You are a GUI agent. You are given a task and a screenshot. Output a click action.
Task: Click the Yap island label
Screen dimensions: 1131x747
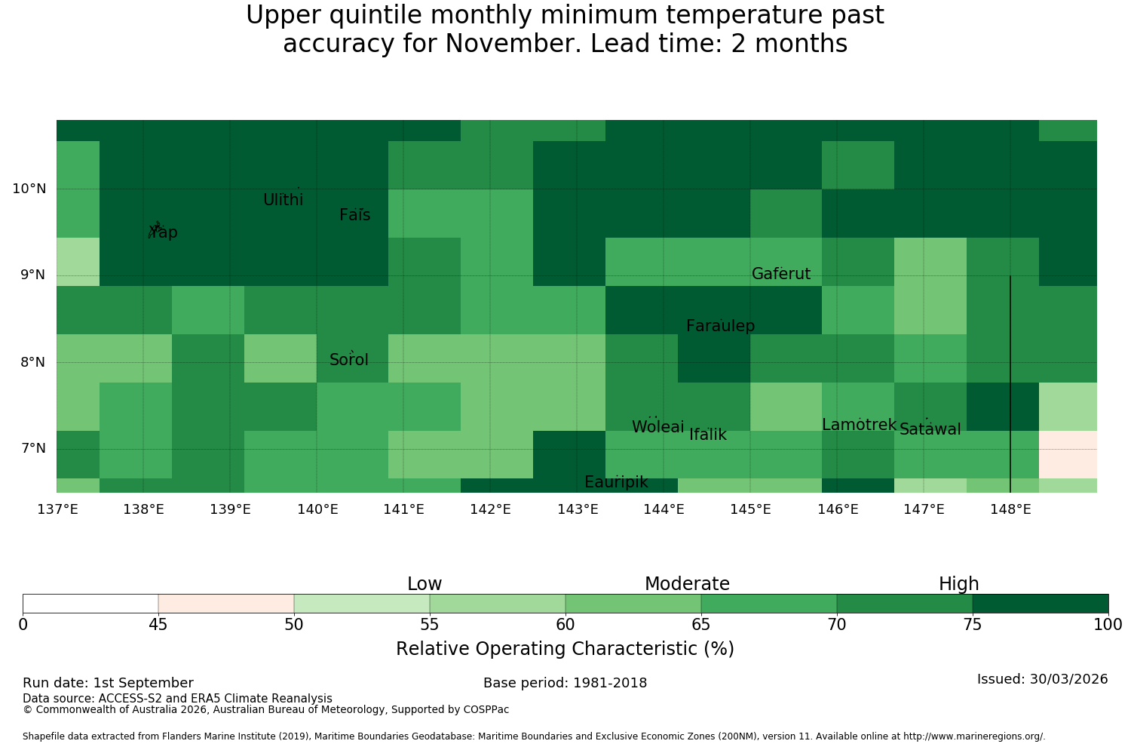click(163, 232)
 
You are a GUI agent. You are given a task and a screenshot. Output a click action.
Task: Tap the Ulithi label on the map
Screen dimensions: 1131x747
click(284, 200)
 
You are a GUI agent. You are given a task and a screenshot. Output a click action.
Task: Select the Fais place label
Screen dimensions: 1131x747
click(355, 215)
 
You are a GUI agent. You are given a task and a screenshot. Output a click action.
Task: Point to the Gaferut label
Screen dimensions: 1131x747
click(781, 273)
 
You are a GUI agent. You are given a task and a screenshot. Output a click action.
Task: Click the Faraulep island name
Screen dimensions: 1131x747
click(721, 325)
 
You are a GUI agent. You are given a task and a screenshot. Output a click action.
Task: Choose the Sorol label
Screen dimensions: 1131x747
click(349, 359)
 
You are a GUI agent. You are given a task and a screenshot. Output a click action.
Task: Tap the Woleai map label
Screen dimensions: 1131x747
click(658, 426)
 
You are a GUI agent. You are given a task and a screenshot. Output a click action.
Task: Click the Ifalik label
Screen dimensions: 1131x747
click(708, 434)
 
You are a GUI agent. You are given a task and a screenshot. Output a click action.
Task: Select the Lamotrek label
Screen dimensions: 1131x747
click(860, 425)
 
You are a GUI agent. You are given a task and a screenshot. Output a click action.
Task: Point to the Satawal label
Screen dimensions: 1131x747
click(930, 429)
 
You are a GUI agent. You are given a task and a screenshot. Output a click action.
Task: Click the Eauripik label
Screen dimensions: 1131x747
click(616, 481)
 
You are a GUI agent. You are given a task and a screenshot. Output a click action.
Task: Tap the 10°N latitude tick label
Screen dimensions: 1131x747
click(29, 189)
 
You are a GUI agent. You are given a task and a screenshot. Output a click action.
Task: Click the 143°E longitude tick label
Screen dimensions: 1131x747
click(578, 509)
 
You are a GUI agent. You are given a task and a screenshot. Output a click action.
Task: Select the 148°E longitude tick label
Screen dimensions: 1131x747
click(1010, 509)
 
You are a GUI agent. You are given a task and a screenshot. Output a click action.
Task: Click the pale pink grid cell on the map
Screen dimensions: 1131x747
click(1068, 454)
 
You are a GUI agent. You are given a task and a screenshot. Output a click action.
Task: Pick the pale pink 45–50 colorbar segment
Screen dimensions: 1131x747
click(226, 604)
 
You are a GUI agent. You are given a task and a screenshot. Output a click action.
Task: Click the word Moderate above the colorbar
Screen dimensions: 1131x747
click(687, 584)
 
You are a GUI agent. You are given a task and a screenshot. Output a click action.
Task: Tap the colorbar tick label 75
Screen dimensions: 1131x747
click(973, 625)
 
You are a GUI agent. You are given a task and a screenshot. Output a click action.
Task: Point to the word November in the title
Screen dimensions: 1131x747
click(513, 43)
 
